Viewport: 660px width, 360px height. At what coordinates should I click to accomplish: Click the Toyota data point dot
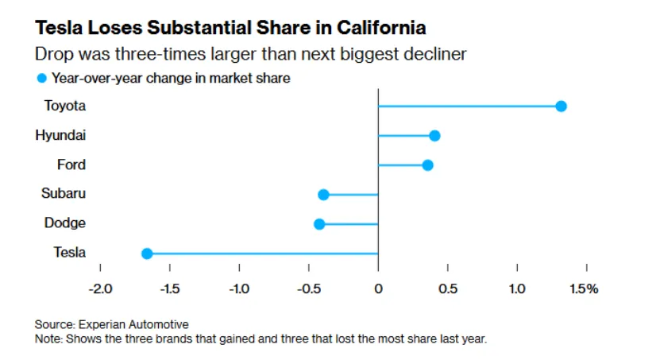[561, 106]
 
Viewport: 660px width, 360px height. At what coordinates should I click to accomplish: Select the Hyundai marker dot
[434, 136]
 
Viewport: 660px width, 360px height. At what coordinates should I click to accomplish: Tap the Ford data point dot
[427, 165]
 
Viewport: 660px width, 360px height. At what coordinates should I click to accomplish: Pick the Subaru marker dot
[323, 195]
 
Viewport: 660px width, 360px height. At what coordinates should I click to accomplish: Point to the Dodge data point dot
[319, 224]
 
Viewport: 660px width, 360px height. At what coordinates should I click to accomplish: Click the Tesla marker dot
[147, 254]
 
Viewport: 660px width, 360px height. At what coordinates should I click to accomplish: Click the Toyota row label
[64, 106]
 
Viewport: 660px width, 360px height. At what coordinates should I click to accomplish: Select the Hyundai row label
[60, 135]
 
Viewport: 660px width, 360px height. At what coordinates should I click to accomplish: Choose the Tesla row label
[69, 253]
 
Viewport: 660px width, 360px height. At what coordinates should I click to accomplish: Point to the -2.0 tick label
[100, 288]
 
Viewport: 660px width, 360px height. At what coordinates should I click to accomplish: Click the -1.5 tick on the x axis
[169, 288]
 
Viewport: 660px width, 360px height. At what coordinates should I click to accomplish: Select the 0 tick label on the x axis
[378, 288]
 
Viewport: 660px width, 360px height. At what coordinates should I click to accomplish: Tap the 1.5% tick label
[584, 288]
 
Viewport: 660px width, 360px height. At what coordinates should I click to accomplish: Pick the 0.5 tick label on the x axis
[448, 288]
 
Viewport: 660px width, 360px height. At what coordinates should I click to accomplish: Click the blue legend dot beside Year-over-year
[41, 78]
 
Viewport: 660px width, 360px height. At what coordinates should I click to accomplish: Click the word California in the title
[380, 28]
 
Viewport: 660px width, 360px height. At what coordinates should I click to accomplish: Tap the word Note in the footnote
[48, 338]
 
